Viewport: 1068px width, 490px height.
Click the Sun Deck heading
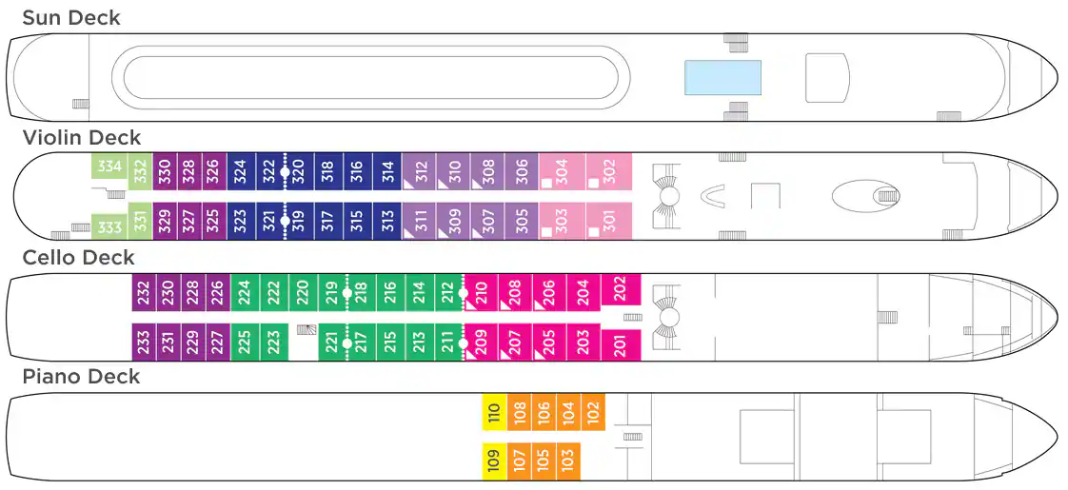[71, 18]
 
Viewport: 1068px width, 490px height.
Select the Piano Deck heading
[81, 377]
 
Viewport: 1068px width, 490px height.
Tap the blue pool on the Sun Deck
[722, 77]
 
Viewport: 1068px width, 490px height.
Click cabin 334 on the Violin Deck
[109, 167]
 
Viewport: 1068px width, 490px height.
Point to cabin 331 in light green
[140, 221]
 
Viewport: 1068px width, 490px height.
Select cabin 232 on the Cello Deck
[144, 293]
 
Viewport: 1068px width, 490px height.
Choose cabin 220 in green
[303, 293]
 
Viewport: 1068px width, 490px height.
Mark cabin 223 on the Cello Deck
[274, 342]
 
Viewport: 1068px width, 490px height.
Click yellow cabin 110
[494, 412]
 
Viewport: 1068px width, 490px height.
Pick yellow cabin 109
[494, 461]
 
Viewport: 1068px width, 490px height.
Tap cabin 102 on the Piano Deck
[593, 412]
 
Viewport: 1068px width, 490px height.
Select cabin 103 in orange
[568, 461]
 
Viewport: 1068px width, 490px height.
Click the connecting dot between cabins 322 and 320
[286, 171]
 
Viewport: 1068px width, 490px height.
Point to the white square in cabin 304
[547, 183]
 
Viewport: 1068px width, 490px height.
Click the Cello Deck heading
[78, 257]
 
